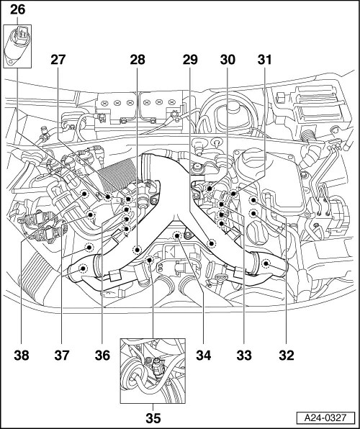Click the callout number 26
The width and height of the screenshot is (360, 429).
pos(18,10)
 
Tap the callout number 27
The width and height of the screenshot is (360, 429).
pos(58,60)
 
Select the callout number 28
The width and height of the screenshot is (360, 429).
pos(138,60)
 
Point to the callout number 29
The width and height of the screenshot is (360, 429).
pos(190,60)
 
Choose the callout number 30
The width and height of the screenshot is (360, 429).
pos(228,60)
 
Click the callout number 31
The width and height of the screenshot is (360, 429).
pos(264,60)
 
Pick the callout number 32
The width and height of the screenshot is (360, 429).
pos(287,356)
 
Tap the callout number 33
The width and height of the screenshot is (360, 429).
pos(244,356)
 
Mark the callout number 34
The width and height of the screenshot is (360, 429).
pos(204,356)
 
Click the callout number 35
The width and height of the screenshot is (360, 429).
pos(153,418)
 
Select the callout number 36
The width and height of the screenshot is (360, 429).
pos(102,356)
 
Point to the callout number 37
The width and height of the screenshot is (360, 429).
pos(62,356)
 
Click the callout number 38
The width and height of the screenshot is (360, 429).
pos(22,356)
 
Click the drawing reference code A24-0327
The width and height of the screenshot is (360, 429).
pos(325,418)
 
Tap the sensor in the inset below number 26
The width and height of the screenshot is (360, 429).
pos(17,46)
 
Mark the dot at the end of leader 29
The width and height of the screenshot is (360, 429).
pos(212,243)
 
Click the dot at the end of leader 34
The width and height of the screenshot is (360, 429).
pos(177,235)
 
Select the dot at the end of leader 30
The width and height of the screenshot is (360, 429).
pos(210,189)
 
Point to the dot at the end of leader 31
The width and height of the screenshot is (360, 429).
pos(233,194)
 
